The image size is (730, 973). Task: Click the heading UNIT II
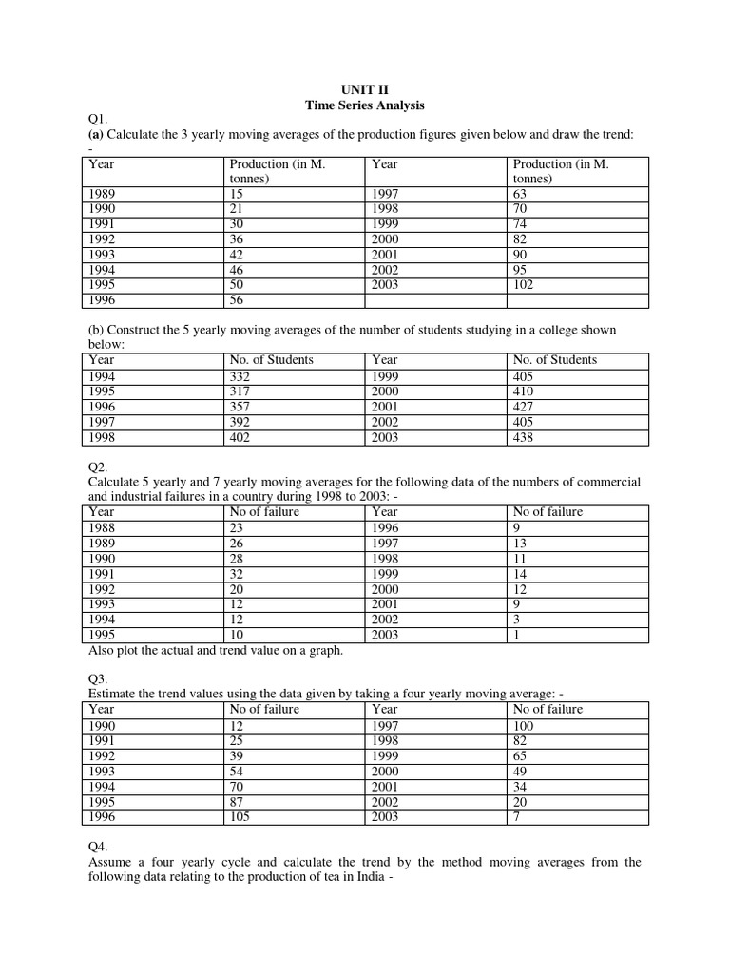364,90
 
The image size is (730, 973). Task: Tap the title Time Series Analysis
364,105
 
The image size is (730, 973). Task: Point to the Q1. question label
96,119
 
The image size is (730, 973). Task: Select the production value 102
524,285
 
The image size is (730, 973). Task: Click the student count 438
524,438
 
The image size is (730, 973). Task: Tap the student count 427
524,407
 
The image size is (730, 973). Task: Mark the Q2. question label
96,467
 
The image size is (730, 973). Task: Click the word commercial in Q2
608,482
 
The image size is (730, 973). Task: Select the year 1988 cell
101,528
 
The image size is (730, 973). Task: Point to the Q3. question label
96,679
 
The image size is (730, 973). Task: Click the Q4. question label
96,846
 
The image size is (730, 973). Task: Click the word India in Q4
364,878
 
